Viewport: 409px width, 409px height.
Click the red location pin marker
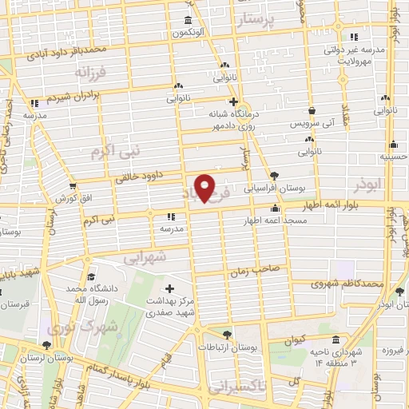205,188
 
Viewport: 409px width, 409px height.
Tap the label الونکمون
188,32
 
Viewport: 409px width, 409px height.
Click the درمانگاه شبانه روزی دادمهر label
233,120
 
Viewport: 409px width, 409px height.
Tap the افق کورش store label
69,197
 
